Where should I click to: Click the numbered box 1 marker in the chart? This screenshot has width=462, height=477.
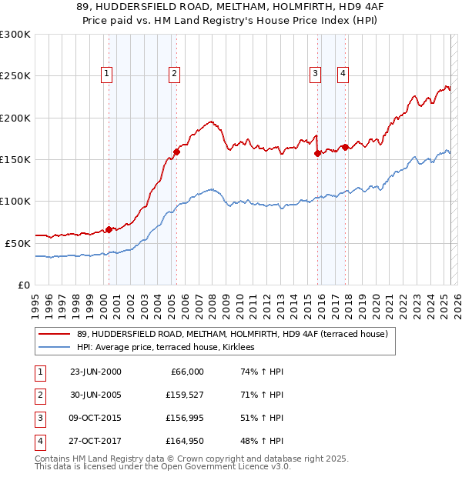point(105,74)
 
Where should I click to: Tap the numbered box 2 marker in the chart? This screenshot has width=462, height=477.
point(176,74)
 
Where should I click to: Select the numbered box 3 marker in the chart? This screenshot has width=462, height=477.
point(315,74)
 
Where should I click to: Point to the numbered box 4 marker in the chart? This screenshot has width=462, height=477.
point(342,74)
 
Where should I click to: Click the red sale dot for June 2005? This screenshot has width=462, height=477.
point(176,152)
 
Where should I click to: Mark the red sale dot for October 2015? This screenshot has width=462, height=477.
point(317,154)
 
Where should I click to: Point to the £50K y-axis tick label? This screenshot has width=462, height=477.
point(18,243)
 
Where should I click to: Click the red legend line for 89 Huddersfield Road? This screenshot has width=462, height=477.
point(55,334)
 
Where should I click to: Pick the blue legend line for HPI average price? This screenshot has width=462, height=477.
point(55,348)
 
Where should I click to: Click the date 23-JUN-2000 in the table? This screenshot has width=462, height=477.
point(95,372)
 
